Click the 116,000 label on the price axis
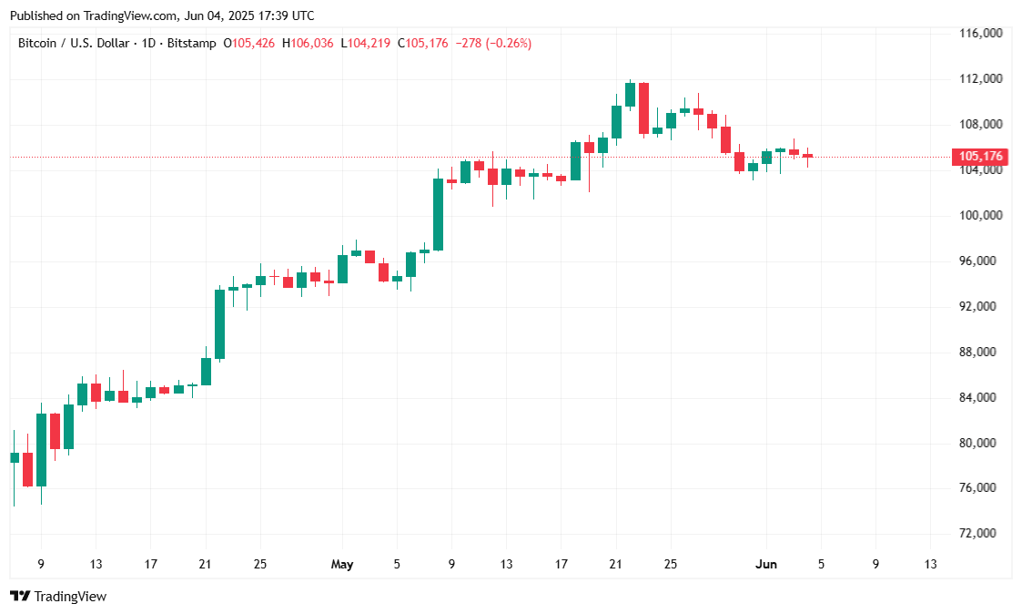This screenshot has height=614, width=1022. click(981, 34)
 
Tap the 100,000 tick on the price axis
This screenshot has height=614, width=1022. click(981, 216)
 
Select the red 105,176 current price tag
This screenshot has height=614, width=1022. click(978, 157)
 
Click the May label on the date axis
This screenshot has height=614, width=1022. click(342, 565)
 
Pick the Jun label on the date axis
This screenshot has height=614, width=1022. click(766, 565)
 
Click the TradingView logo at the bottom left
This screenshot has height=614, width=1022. click(58, 597)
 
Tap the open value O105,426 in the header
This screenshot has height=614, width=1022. click(251, 43)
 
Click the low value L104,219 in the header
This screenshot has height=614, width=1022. click(367, 43)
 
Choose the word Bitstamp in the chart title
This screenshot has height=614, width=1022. click(192, 43)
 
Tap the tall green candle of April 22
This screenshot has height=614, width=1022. click(219, 324)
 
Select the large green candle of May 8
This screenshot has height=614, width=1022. click(438, 214)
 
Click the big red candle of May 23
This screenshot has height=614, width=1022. click(643, 108)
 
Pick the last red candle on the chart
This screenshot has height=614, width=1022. click(807, 156)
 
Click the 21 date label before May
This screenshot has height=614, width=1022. click(205, 565)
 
